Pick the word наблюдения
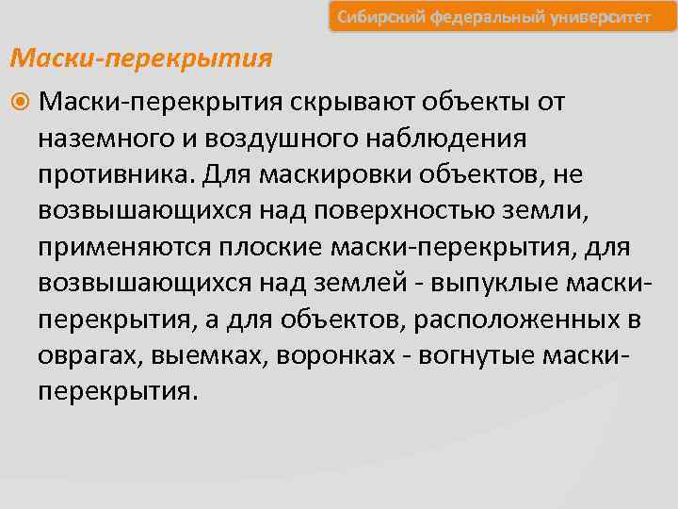[446, 139]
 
